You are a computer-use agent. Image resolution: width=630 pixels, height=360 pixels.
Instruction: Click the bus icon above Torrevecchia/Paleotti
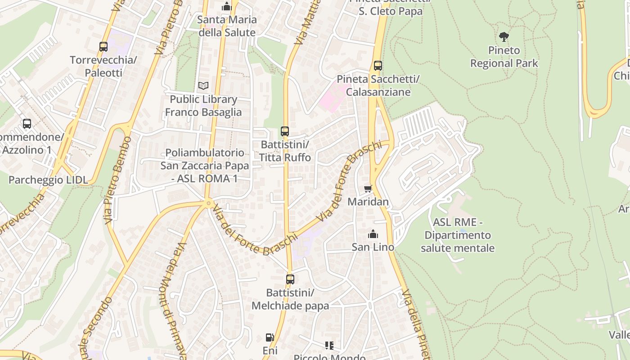pyautogui.click(x=103, y=46)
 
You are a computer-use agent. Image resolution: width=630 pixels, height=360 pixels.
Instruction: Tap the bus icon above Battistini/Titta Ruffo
pyautogui.click(x=285, y=131)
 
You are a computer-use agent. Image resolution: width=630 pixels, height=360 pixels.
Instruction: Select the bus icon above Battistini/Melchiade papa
pyautogui.click(x=290, y=279)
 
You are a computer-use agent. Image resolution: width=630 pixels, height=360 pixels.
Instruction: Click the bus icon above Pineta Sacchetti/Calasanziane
pyautogui.click(x=378, y=66)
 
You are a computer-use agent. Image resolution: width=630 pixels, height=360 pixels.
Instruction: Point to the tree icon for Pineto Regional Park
pyautogui.click(x=504, y=37)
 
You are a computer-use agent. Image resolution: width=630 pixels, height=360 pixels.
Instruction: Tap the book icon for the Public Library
pyautogui.click(x=203, y=85)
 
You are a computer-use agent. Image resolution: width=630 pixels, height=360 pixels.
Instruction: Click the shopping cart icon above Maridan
pyautogui.click(x=368, y=189)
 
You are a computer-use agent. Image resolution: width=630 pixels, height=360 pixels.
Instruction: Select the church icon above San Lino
pyautogui.click(x=373, y=234)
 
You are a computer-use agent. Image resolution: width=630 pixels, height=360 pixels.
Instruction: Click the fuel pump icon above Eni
pyautogui.click(x=270, y=337)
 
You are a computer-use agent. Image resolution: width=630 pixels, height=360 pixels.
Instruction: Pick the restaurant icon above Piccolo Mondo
pyautogui.click(x=329, y=346)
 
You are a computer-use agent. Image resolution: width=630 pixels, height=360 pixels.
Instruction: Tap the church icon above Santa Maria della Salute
pyautogui.click(x=227, y=6)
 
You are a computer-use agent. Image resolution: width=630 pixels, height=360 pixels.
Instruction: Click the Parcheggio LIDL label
pyautogui.click(x=48, y=180)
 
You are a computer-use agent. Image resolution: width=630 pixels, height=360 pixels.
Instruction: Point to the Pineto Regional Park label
pyautogui.click(x=504, y=57)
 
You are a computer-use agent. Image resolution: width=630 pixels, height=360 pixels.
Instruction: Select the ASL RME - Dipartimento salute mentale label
pyautogui.click(x=458, y=235)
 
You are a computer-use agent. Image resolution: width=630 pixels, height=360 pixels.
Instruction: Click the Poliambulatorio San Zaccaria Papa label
pyautogui.click(x=205, y=166)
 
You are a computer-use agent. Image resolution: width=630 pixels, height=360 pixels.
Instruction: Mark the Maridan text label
pyautogui.click(x=368, y=202)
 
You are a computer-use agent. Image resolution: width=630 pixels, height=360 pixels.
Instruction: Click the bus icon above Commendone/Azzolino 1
pyautogui.click(x=27, y=124)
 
